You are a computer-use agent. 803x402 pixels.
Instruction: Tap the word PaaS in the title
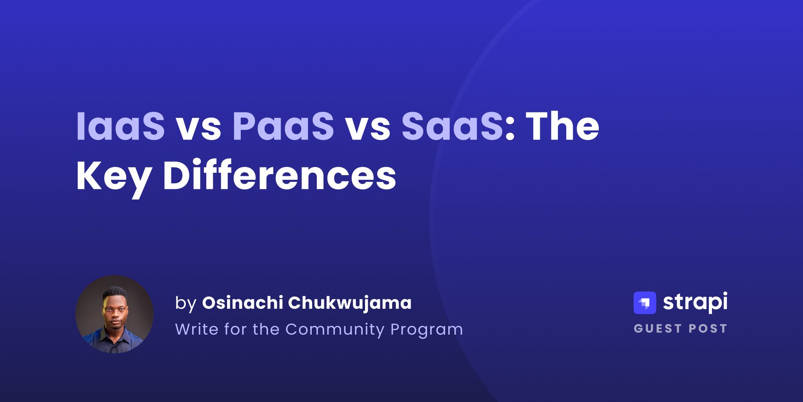[x=283, y=127]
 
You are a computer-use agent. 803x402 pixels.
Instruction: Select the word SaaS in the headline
[x=452, y=127]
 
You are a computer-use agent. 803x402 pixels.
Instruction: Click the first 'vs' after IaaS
[x=198, y=129]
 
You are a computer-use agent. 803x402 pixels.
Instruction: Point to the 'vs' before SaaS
[x=368, y=129]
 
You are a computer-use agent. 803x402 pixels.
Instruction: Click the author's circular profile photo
[x=114, y=314]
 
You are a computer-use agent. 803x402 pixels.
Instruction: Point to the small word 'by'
[x=185, y=303]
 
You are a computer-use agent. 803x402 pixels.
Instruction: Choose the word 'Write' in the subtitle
[x=197, y=329]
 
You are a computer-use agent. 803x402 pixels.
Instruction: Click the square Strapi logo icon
[x=645, y=303]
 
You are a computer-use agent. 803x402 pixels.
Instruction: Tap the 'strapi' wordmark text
[x=695, y=302]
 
